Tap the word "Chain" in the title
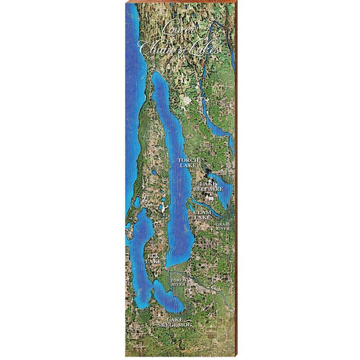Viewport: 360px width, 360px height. click(x=153, y=47)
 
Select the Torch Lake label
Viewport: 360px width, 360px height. click(x=188, y=162)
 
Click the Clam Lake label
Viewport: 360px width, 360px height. click(x=202, y=215)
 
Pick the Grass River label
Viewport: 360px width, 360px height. click(x=222, y=226)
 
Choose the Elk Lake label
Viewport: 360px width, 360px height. click(x=155, y=259)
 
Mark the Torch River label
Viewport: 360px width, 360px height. click(x=178, y=282)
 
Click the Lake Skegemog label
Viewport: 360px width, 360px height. click(x=175, y=322)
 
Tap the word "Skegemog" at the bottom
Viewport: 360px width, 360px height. click(x=175, y=326)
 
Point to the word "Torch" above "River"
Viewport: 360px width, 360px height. click(x=178, y=279)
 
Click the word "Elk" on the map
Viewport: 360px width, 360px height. click(x=155, y=256)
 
